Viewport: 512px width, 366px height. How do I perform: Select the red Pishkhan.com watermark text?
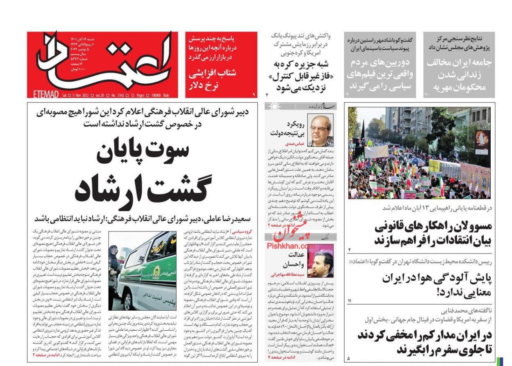tap(291, 245)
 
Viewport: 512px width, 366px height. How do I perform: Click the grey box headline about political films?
tap(380, 75)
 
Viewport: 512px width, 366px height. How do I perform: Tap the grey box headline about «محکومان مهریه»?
tap(459, 75)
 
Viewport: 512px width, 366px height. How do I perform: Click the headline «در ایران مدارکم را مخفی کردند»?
tap(424, 343)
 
